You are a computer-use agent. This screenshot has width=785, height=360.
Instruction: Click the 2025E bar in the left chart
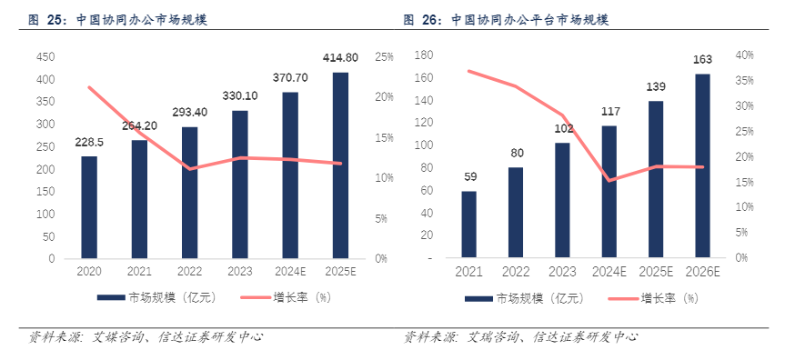click(x=340, y=165)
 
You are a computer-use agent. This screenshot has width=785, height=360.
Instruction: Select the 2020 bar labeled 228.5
click(x=89, y=207)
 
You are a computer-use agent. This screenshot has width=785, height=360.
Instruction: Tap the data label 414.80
click(x=341, y=58)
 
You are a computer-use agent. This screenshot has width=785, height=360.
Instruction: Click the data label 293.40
click(x=189, y=113)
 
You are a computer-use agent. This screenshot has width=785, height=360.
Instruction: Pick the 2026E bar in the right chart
click(x=703, y=166)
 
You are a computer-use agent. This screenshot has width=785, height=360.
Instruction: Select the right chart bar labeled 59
click(x=468, y=225)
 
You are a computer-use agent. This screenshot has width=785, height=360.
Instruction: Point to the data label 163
click(x=703, y=60)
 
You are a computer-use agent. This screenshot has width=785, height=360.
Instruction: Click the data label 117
click(x=609, y=112)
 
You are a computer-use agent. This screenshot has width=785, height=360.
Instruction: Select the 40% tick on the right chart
click(x=745, y=55)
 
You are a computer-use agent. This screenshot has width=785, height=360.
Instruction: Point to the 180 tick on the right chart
click(x=421, y=55)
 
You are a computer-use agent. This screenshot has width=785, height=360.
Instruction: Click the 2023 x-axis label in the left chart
click(x=239, y=272)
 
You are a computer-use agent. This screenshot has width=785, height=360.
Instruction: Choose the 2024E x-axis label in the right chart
click(x=609, y=272)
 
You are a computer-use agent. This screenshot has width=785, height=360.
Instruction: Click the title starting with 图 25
click(x=118, y=18)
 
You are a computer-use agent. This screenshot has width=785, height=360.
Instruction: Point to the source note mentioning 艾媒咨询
click(x=146, y=338)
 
